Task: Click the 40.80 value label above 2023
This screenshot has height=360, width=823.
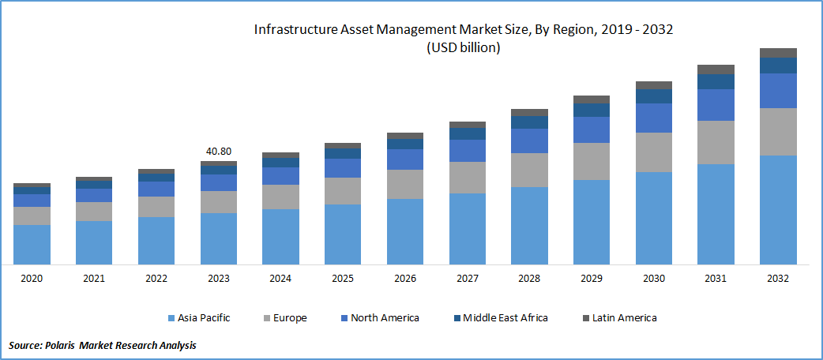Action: click(x=219, y=151)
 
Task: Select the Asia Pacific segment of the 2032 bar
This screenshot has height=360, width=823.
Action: click(x=778, y=209)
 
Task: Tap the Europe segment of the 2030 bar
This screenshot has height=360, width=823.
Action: click(x=653, y=152)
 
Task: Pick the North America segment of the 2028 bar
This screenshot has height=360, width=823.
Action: click(x=529, y=141)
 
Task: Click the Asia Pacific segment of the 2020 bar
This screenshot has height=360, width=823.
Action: click(x=32, y=244)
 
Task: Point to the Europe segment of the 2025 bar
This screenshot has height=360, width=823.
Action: click(x=343, y=191)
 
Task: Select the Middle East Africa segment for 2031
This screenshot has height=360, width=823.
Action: click(x=716, y=81)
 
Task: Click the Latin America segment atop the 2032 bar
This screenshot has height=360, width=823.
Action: click(x=778, y=53)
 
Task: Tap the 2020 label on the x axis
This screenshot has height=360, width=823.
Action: click(x=32, y=278)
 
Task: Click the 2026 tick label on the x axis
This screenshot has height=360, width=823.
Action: click(x=405, y=278)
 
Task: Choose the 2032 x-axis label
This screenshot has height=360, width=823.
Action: click(x=778, y=278)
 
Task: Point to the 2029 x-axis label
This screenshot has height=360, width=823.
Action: click(x=592, y=278)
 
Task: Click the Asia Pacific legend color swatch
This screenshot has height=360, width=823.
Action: click(x=171, y=318)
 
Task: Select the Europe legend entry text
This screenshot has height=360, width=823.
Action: click(x=290, y=318)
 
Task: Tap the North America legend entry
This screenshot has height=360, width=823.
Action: click(x=385, y=318)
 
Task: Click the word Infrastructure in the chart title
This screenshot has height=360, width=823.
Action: click(x=293, y=29)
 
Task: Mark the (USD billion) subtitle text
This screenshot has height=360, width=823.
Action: click(x=464, y=48)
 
